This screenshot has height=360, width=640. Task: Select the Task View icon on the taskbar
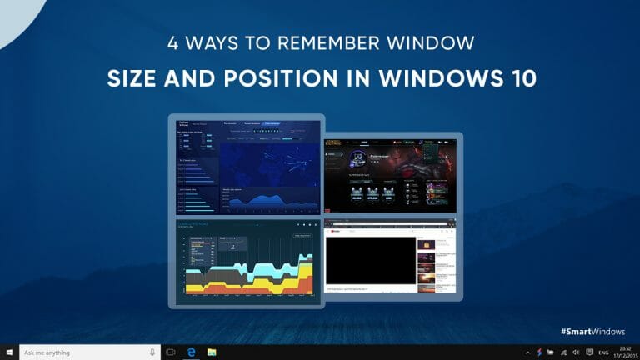pos(170,352)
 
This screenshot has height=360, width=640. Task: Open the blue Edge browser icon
pos(191,352)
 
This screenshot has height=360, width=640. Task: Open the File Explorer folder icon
pos(212,352)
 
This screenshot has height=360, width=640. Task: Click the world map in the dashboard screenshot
pos(268,162)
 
